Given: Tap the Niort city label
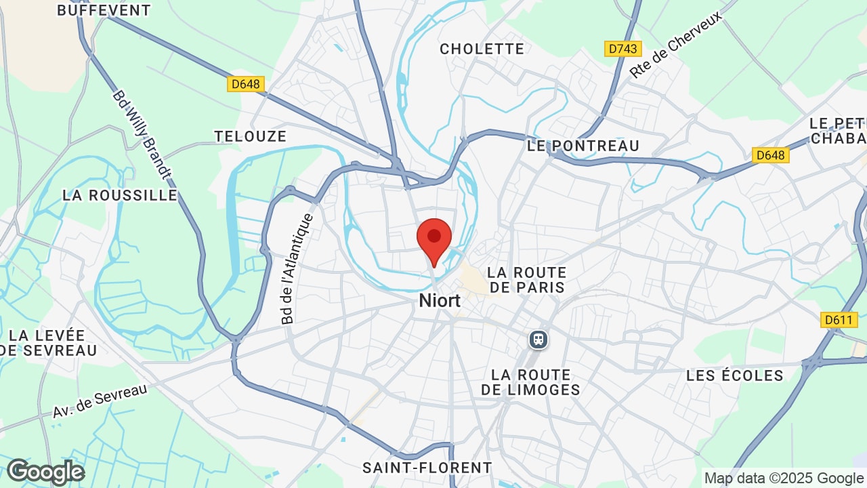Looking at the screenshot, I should coord(440,300).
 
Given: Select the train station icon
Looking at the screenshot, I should coord(538,339).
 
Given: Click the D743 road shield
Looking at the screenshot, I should coord(622,49).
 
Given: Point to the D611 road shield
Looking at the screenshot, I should coord(839,320).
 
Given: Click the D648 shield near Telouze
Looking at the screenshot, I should coord(245,84).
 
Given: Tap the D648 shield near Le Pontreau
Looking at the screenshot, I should coord(770,155).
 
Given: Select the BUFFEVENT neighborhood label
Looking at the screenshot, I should coord(104,10).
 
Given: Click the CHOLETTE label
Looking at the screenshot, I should coord(482,49).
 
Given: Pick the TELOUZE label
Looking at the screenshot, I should coord(251,136).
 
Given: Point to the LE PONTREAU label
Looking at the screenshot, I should coord(583,146).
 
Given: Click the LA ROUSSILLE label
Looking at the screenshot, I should coord(120,195).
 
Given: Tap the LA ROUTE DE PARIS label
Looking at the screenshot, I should coord(527,280).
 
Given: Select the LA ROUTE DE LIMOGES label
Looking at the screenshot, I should coord(531,382).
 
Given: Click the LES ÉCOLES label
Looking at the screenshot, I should coord(734,375).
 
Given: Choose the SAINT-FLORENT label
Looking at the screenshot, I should coord(427,468).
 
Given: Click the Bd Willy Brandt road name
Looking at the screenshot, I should coord(142,135).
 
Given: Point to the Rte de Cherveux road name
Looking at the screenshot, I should coord(675,45).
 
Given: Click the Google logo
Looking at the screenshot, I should coord(45,472).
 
